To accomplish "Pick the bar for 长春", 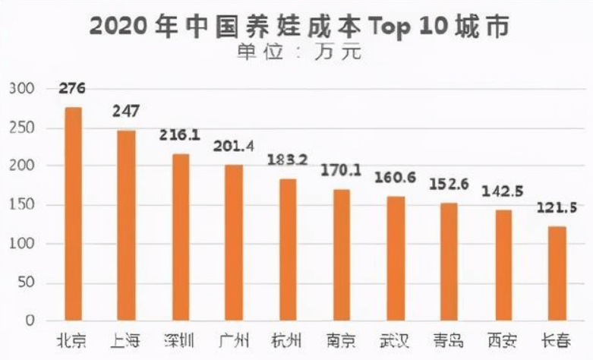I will click(x=558, y=273).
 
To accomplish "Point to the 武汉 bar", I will click(x=396, y=259).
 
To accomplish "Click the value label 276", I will click(x=72, y=89).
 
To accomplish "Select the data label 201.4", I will click(x=235, y=144).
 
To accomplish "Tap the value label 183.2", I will click(x=288, y=159).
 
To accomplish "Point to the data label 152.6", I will click(x=449, y=184).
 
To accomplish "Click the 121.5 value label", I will click(x=557, y=207).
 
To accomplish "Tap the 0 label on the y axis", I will click(x=31, y=321).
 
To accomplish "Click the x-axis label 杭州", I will click(x=288, y=339).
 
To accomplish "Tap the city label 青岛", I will click(x=449, y=339).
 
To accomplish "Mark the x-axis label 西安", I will click(x=503, y=339).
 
